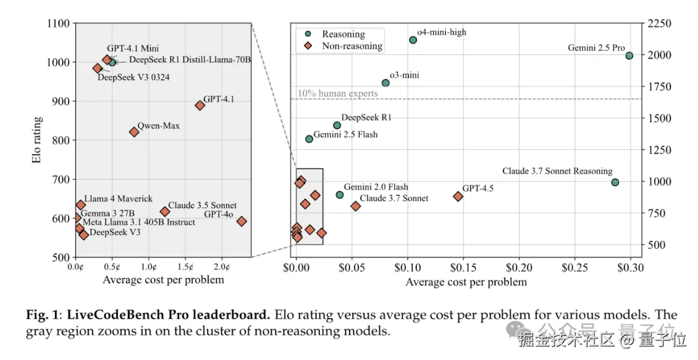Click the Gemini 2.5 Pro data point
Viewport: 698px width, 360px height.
[x=629, y=56]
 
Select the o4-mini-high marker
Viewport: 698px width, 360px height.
[x=413, y=40]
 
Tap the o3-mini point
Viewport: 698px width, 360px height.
[x=386, y=83]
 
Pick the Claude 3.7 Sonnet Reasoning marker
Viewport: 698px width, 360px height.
[x=615, y=182]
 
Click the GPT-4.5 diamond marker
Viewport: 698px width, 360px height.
[x=458, y=196]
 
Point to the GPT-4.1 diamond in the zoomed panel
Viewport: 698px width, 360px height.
[x=200, y=105]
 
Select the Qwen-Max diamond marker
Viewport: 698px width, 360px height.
[x=134, y=132]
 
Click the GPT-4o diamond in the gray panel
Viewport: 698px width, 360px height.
[x=242, y=221]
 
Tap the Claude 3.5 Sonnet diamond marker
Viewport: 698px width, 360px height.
[x=165, y=211]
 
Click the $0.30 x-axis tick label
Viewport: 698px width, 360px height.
[x=631, y=267]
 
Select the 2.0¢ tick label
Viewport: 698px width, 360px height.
[x=222, y=266]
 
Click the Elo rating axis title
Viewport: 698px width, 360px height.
[x=38, y=140]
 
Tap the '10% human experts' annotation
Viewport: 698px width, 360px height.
[x=338, y=94]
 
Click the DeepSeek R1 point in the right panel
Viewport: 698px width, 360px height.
[x=337, y=125]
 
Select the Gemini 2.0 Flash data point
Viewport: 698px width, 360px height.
[x=339, y=195]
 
